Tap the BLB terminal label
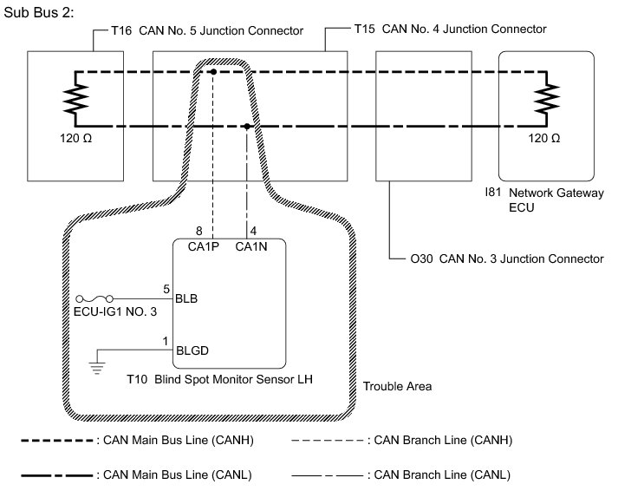tap(187, 299)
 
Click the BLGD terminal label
tap(192, 351)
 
